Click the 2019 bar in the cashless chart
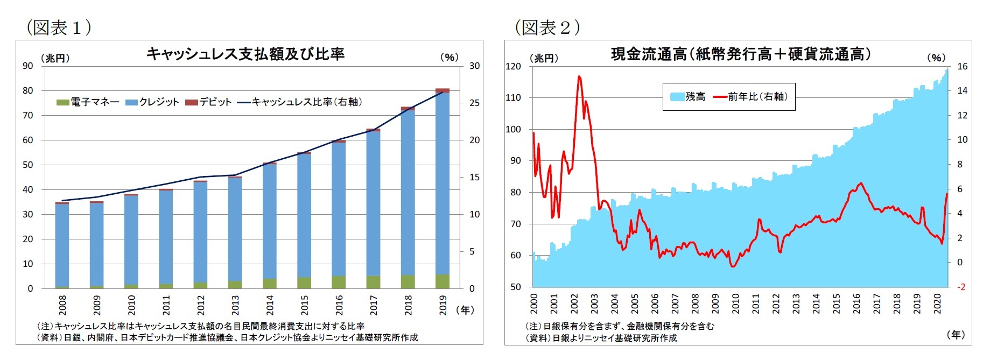(442, 188)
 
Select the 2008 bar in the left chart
(62, 245)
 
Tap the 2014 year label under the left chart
(270, 305)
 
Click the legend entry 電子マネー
(88, 102)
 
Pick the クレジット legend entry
(152, 102)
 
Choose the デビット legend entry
(208, 102)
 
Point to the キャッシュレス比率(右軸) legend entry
(300, 102)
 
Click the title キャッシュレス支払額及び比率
(245, 54)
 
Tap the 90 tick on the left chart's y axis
(28, 66)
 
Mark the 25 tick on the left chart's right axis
(474, 103)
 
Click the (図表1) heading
(58, 27)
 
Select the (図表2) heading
(547, 27)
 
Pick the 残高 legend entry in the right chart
(688, 97)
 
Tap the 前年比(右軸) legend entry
(751, 97)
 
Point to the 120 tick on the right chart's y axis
(514, 66)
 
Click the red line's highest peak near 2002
(579, 76)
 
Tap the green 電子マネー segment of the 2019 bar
(442, 281)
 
